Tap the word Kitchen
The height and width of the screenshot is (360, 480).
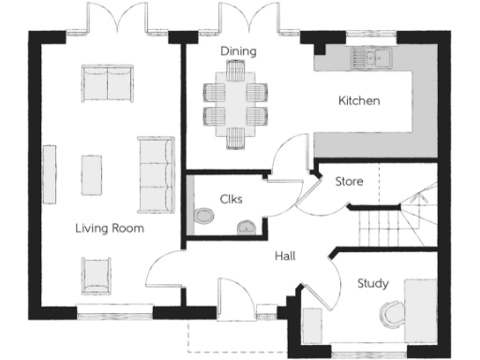(359, 100)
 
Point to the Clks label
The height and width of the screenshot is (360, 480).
(232, 199)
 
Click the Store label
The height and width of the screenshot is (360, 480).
(350, 181)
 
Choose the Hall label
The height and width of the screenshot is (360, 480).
(286, 255)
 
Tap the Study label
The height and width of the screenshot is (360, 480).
(372, 282)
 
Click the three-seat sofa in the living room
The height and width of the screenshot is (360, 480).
(156, 174)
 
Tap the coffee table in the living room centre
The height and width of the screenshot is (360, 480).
(92, 174)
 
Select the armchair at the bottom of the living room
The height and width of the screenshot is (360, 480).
(97, 274)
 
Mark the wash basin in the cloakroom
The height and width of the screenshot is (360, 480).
(247, 225)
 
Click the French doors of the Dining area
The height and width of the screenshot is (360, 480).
(238, 19)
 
